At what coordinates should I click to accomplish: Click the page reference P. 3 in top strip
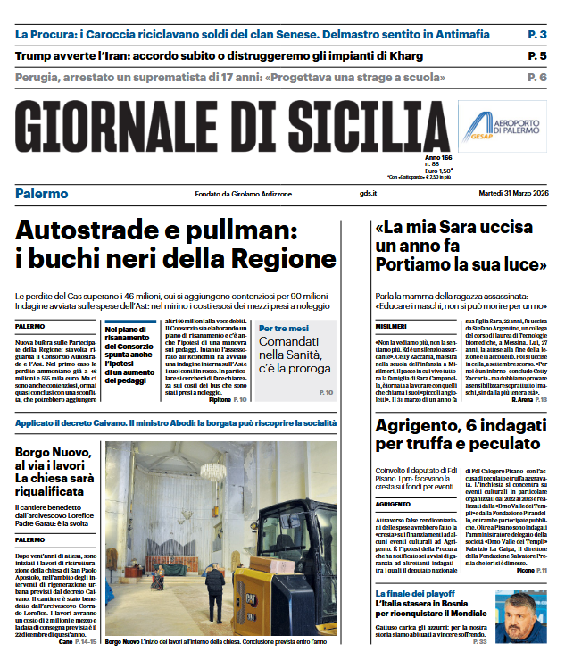(x=537, y=34)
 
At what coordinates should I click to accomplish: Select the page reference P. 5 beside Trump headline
(x=537, y=55)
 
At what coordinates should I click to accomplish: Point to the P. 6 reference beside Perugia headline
(x=537, y=77)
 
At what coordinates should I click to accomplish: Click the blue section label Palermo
(x=41, y=194)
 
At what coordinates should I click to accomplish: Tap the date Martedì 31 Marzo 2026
(x=503, y=194)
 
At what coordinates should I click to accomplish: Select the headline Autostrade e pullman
(x=175, y=244)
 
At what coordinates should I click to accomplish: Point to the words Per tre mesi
(x=284, y=328)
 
